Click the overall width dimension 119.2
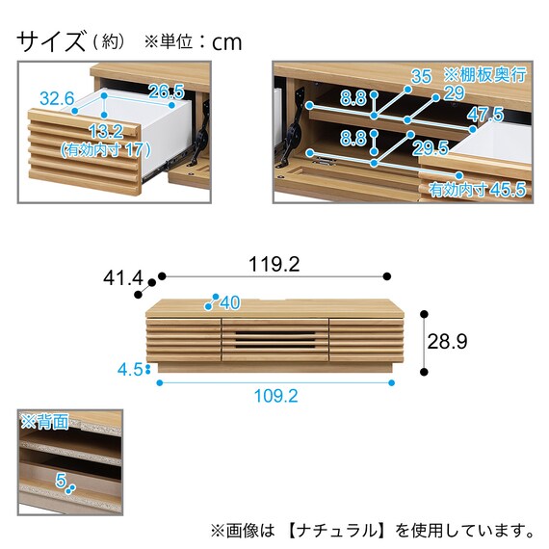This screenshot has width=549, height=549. click(274, 264)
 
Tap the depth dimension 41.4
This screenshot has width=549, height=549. click(123, 278)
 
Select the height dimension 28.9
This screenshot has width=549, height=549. click(447, 341)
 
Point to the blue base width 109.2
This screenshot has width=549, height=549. click(275, 396)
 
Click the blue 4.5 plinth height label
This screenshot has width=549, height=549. click(130, 370)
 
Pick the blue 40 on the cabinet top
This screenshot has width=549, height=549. click(230, 302)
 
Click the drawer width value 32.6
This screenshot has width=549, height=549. click(57, 98)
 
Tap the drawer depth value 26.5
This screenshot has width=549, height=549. click(167, 91)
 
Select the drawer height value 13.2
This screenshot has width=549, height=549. click(106, 132)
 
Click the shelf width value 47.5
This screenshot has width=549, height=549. click(485, 115)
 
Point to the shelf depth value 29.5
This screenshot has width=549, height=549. click(431, 148)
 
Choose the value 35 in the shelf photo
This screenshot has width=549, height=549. click(421, 76)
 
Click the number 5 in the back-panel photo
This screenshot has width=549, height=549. click(61, 480)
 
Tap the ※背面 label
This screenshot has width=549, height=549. click(44, 422)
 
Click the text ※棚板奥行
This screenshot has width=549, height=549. click(485, 74)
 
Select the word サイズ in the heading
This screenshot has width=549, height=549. click(51, 41)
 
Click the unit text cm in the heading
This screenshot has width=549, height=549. click(227, 42)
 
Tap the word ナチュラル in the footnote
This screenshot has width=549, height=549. click(339, 531)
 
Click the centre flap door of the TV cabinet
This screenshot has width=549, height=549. click(275, 340)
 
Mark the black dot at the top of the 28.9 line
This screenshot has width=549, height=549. click(424, 314)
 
